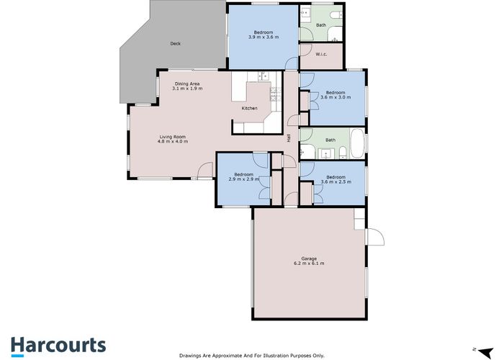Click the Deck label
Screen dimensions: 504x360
pyautogui.click(x=175, y=44)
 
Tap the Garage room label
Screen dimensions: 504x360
pyautogui.click(x=309, y=258)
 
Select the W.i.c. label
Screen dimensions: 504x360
pyautogui.click(x=321, y=54)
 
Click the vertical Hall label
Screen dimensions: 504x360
pyautogui.click(x=289, y=138)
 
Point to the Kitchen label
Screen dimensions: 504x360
pyautogui.click(x=249, y=108)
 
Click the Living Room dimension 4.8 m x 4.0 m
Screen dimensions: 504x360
pyautogui.click(x=173, y=141)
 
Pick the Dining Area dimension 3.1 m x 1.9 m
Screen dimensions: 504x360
pyautogui.click(x=187, y=89)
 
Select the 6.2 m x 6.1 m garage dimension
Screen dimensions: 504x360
pyautogui.click(x=309, y=264)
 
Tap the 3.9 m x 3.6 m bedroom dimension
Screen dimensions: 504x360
pyautogui.click(x=264, y=37)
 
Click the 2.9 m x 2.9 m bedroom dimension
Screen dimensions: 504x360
pyautogui.click(x=244, y=179)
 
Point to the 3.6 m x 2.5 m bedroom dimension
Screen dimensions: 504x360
pyautogui.click(x=336, y=181)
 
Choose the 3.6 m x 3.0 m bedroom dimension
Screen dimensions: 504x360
pyautogui.click(x=336, y=97)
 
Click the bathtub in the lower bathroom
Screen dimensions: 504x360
pyautogui.click(x=357, y=143)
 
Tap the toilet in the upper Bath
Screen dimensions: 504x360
pyautogui.click(x=337, y=14)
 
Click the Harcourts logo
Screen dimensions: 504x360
pyautogui.click(x=58, y=346)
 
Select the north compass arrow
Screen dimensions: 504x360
pyautogui.click(x=486, y=351)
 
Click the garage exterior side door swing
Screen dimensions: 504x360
pyautogui.click(x=375, y=237)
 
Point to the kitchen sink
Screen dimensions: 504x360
pyautogui.click(x=264, y=76)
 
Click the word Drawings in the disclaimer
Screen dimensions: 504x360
pyautogui.click(x=189, y=356)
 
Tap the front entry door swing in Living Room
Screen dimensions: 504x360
pyautogui.click(x=204, y=170)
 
